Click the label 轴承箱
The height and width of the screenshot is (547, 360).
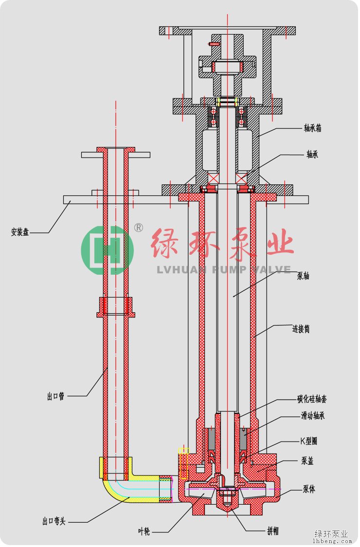[313, 128]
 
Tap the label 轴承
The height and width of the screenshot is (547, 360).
[312, 155]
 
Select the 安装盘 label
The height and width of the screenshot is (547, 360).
[20, 232]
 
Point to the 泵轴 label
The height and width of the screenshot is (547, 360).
[303, 276]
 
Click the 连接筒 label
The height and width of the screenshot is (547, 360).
[301, 329]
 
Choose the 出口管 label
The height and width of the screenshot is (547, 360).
[55, 396]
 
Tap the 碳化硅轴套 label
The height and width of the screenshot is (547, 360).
[312, 399]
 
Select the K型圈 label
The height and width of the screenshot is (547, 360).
[308, 441]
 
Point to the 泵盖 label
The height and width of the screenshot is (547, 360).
[307, 461]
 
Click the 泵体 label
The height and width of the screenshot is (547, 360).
[309, 489]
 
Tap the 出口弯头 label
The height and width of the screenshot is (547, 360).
[54, 522]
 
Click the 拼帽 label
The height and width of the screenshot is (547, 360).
[272, 531]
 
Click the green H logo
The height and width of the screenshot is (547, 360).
[107, 250]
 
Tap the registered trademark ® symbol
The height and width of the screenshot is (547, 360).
[139, 228]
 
